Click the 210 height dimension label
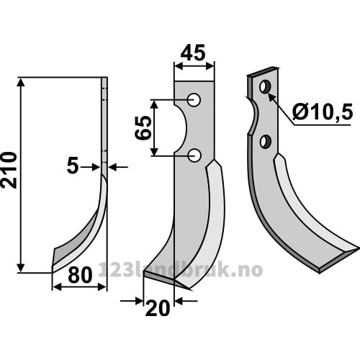pyautogui.click(x=9, y=170)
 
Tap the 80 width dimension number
pyautogui.click(x=80, y=275)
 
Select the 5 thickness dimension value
pyautogui.click(x=73, y=166)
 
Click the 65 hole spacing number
pyautogui.click(x=143, y=127)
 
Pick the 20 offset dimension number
pyautogui.click(x=158, y=309)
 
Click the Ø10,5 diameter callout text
pyautogui.click(x=323, y=112)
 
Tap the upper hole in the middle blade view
pyautogui.click(x=194, y=99)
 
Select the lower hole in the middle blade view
pyautogui.click(x=194, y=156)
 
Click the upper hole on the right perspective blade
pyautogui.click(x=265, y=87)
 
